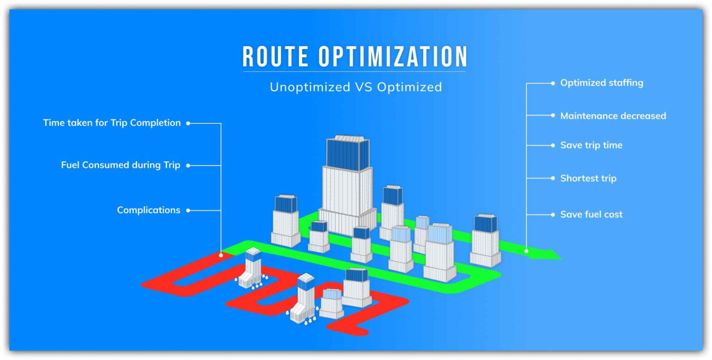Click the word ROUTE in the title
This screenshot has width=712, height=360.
275,56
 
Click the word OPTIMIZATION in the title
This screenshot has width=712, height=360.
393,56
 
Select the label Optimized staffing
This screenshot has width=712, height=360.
602,83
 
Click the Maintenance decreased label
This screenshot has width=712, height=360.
613,116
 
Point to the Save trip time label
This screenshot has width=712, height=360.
591,145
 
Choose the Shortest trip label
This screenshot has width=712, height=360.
588,178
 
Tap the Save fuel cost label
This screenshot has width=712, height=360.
591,215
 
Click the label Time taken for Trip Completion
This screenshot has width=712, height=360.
112,123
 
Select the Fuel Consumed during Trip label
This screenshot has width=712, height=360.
121,165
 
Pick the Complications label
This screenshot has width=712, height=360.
149,210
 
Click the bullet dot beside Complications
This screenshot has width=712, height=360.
188,210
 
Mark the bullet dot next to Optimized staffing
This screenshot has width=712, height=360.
553,83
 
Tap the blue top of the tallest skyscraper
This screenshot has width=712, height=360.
348,154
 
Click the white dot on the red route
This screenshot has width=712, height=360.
221,255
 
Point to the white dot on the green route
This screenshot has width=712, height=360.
527,251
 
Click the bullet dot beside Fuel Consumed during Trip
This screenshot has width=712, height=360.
188,165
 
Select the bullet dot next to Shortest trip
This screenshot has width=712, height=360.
553,178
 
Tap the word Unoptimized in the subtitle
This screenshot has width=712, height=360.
310,87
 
